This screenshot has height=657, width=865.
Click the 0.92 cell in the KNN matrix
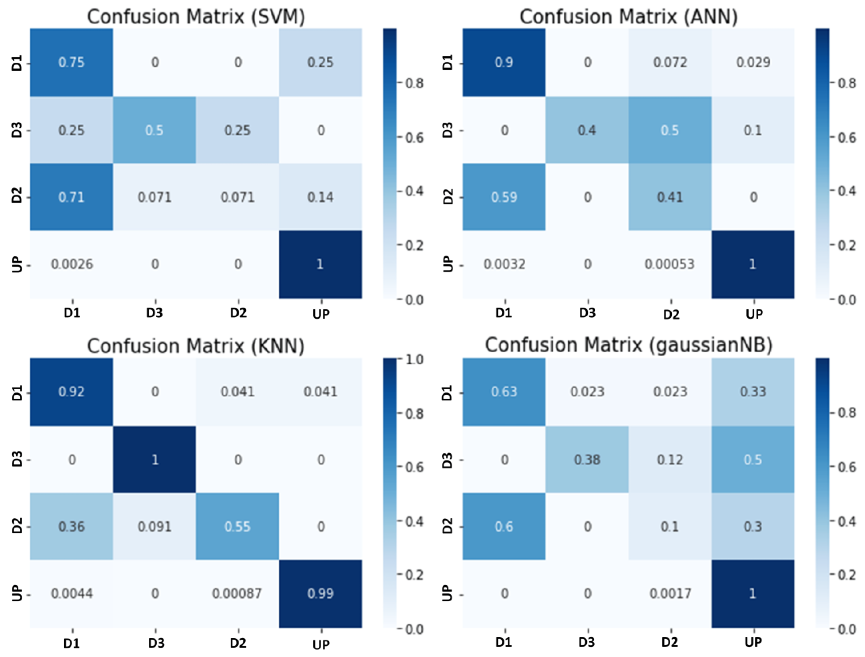point(71,392)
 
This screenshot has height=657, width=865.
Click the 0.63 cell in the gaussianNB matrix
point(504,392)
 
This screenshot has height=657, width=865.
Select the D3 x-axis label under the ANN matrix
point(587,313)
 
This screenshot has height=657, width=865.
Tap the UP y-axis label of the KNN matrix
point(17,593)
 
